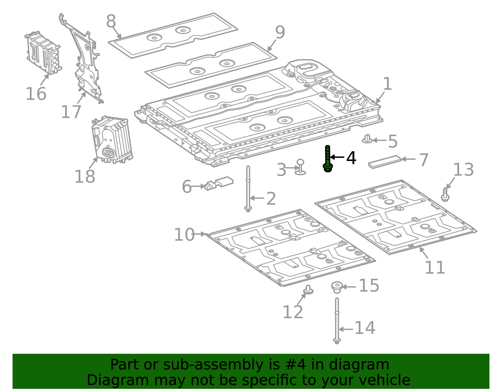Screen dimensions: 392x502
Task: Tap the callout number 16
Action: (x=36, y=94)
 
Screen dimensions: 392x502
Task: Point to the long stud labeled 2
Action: (x=248, y=188)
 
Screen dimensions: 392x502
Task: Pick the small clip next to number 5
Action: (x=367, y=139)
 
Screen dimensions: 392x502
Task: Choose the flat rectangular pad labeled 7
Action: (x=385, y=162)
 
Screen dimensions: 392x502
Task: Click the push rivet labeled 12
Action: (x=308, y=290)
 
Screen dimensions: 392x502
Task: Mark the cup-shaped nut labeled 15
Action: (x=337, y=287)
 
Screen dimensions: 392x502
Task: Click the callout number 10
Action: (x=184, y=235)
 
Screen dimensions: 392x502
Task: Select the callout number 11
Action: (x=435, y=267)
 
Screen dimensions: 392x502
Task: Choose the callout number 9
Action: (x=280, y=32)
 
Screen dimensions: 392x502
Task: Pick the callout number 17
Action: (x=71, y=112)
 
